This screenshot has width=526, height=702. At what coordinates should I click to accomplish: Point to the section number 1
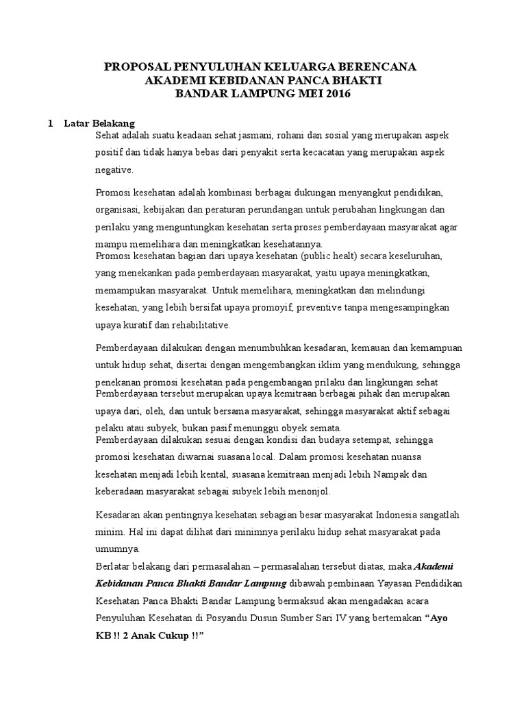point(50,123)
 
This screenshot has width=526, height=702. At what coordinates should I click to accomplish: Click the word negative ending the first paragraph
point(114,169)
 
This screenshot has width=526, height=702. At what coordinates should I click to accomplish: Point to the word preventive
point(325,308)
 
